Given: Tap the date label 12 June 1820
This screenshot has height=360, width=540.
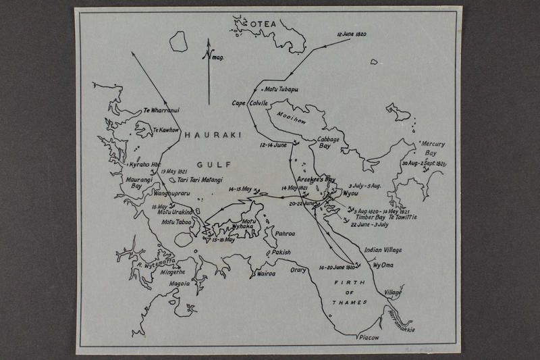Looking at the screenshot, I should [x=351, y=34].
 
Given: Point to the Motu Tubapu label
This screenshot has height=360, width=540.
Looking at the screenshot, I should [x=281, y=89].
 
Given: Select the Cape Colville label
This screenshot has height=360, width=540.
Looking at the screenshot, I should [x=250, y=103].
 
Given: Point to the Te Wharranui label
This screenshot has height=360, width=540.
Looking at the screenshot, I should [x=163, y=109].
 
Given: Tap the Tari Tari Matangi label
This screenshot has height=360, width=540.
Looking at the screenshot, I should [x=200, y=180].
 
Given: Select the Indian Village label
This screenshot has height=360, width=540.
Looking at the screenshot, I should [x=383, y=250].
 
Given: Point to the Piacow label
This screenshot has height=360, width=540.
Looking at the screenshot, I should [x=369, y=337].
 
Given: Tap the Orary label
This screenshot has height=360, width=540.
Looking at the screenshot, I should [x=298, y=270].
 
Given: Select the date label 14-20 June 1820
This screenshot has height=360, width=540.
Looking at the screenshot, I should [x=337, y=267].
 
